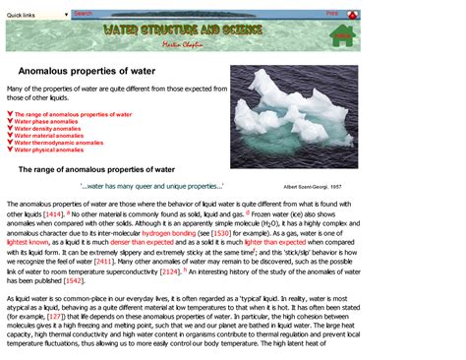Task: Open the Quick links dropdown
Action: pyautogui.click(x=37, y=15)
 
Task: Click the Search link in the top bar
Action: pyautogui.click(x=84, y=14)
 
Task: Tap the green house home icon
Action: pyautogui.click(x=342, y=37)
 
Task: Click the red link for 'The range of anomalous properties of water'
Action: pyautogui.click(x=73, y=114)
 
